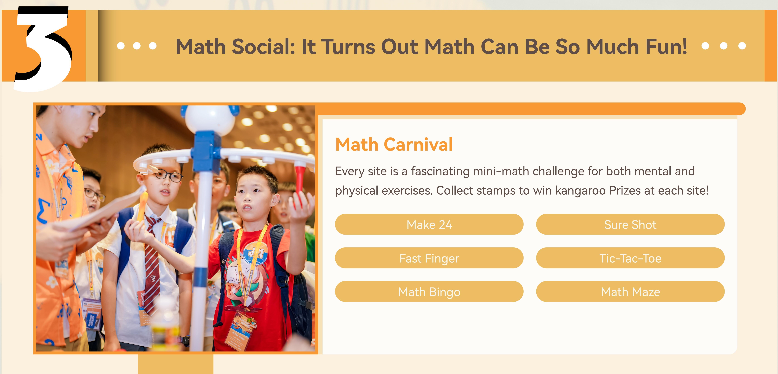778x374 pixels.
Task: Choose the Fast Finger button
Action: coord(429,258)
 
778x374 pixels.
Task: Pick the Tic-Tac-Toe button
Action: coord(630,258)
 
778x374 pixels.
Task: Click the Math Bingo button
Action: coord(429,292)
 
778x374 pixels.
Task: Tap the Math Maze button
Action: coord(630,292)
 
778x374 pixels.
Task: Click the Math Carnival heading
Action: coord(394,144)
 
